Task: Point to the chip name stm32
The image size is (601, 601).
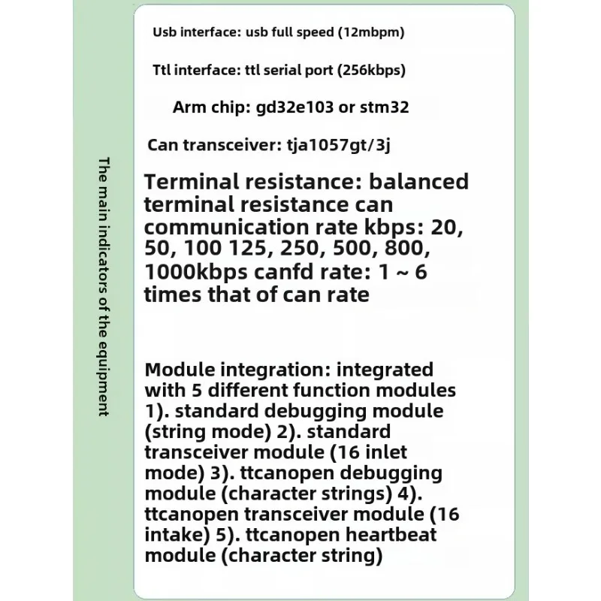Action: tap(384, 107)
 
